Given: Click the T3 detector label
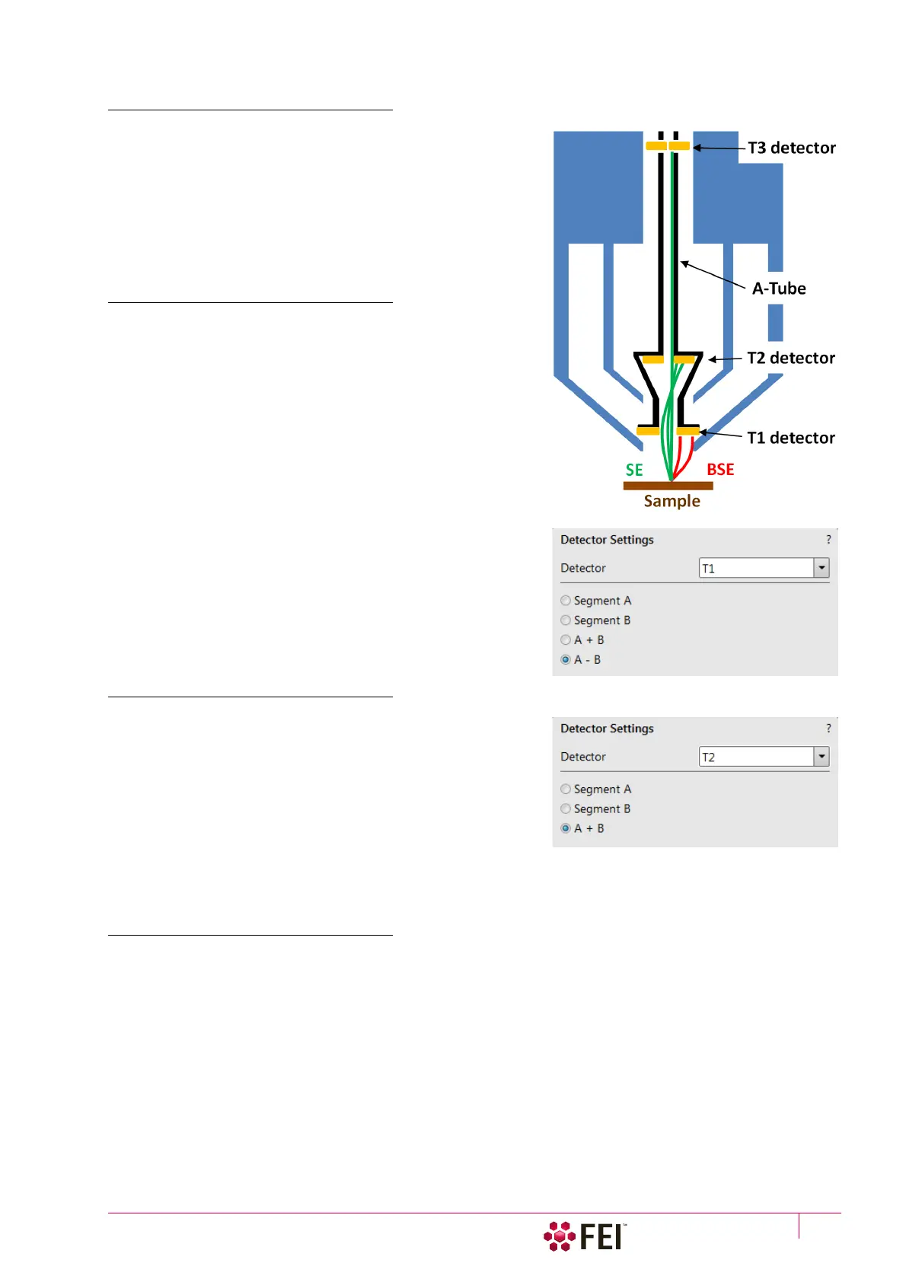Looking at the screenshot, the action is tap(791, 148).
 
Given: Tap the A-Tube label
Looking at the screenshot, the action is tap(778, 289).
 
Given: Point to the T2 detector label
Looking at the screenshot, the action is tap(790, 358).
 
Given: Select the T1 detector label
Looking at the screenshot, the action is tap(790, 438).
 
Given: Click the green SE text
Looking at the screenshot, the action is tap(634, 470).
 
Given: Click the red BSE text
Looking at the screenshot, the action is tap(719, 470).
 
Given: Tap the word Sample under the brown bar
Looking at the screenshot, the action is tap(672, 501).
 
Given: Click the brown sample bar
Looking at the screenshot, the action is tap(668, 486).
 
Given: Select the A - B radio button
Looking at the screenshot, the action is tap(566, 660).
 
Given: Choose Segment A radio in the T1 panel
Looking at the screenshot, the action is tap(566, 601).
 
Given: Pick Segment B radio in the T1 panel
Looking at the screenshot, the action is tap(566, 620).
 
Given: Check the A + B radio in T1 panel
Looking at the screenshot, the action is tap(566, 640).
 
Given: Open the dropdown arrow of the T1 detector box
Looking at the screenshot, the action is tap(821, 568).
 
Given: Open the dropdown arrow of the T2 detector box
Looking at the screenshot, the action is tap(821, 757).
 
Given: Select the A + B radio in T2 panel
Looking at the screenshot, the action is tap(566, 828).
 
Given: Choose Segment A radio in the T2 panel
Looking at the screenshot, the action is tap(566, 789).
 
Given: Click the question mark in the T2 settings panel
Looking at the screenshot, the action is tap(828, 729).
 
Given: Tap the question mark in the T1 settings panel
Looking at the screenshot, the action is tap(828, 540).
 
